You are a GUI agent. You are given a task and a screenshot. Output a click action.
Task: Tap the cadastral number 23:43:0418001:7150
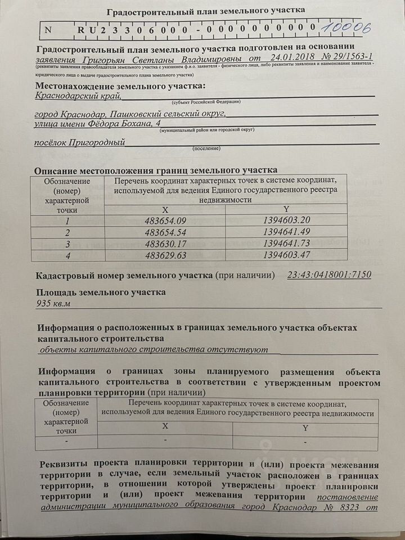tap(329, 276)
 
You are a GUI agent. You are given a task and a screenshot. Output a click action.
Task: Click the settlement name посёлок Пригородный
tap(79, 143)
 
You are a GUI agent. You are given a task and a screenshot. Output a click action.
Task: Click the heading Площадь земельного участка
tap(101, 292)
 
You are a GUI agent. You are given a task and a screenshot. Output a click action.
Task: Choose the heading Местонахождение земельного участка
tap(120, 86)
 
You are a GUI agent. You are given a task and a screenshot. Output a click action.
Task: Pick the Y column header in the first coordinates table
tap(287, 209)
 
